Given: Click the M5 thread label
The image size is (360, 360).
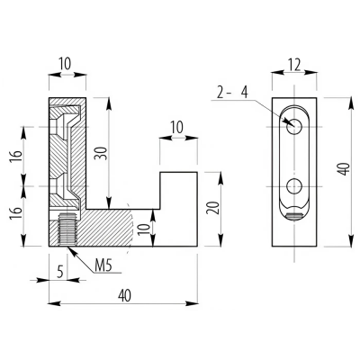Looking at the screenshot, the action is (x=103, y=265).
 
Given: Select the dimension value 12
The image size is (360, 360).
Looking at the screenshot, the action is (x=294, y=65).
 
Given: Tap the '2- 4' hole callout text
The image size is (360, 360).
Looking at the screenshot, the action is (x=232, y=93).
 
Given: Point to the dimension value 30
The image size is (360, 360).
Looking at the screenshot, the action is (x=102, y=153).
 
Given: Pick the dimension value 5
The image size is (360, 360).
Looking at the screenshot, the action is (x=60, y=272).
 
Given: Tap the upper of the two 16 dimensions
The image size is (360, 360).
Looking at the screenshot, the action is (x=17, y=156).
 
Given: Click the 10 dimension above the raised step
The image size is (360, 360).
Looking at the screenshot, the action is (x=177, y=128).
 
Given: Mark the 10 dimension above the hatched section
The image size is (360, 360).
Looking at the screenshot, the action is (x=65, y=64).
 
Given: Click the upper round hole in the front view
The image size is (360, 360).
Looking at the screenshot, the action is (x=294, y=126).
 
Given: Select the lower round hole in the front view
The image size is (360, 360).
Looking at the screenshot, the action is (x=294, y=186).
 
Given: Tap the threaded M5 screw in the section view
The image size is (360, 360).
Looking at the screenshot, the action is (x=67, y=229).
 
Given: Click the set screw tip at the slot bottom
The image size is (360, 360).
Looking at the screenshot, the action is (x=294, y=217).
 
